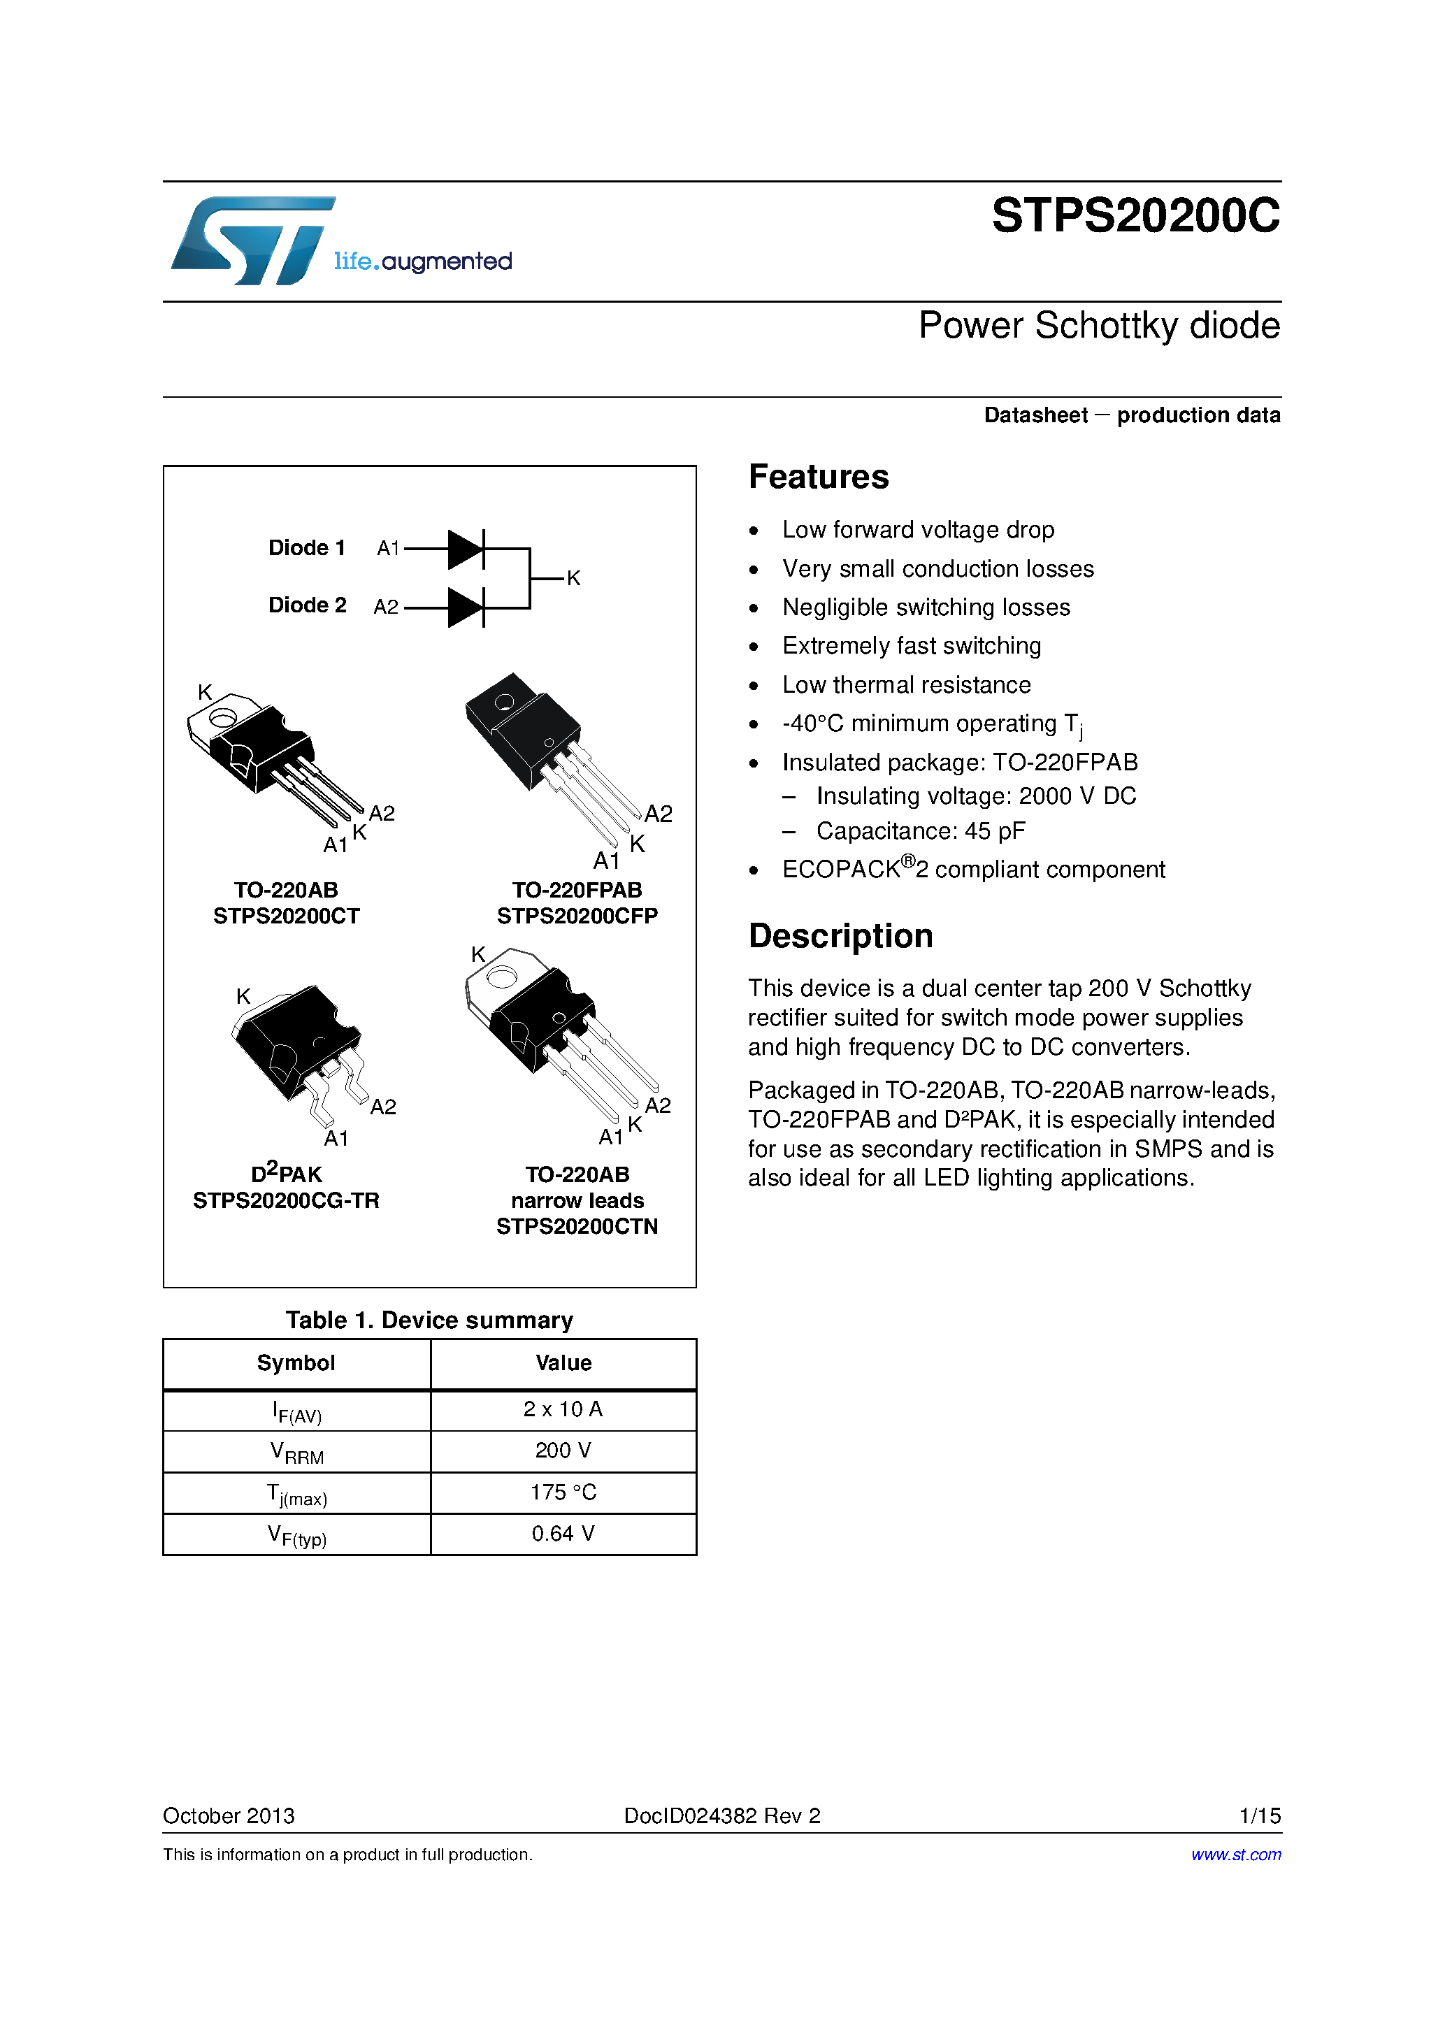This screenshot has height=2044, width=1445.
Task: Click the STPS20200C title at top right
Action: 1135,216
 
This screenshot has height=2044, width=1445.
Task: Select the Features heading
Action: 818,477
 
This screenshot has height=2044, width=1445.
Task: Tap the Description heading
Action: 840,937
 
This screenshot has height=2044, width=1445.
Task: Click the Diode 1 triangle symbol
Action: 465,549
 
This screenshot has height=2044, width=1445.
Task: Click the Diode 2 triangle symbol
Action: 465,608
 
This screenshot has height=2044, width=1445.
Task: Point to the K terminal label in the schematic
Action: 573,579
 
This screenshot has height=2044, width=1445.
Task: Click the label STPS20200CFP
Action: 577,916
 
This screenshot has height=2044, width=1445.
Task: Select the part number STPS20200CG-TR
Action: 286,1201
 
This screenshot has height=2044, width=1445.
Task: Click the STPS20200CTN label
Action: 577,1227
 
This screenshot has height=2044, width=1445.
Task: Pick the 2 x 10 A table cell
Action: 563,1409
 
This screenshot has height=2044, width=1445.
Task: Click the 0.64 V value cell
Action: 563,1534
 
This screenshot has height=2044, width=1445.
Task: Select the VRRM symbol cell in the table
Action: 296,1452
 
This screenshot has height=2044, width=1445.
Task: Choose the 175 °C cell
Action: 563,1493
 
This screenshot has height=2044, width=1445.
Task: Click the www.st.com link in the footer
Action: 1236,1855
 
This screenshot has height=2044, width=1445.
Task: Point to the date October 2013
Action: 229,1816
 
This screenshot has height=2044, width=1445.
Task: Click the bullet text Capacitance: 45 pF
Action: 921,831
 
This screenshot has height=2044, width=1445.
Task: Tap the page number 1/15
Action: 1259,1816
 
